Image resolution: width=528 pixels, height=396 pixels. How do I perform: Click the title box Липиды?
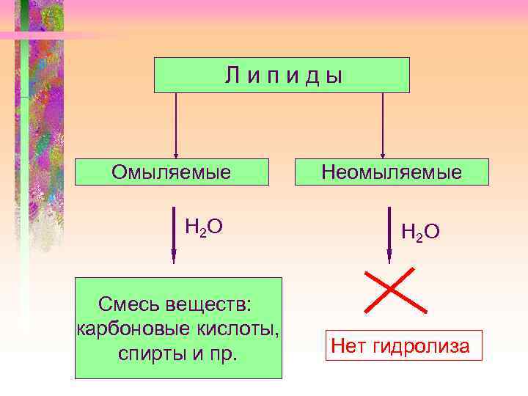point(282,75)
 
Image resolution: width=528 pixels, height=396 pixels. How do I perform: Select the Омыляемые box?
point(172,172)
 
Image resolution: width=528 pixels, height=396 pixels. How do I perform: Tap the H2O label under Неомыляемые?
point(420,232)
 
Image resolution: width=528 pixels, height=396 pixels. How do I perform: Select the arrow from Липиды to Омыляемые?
point(175,125)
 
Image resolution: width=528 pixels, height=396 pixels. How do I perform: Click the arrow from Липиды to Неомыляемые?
point(383,125)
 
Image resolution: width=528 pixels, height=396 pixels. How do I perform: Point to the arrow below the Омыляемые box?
point(174,235)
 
